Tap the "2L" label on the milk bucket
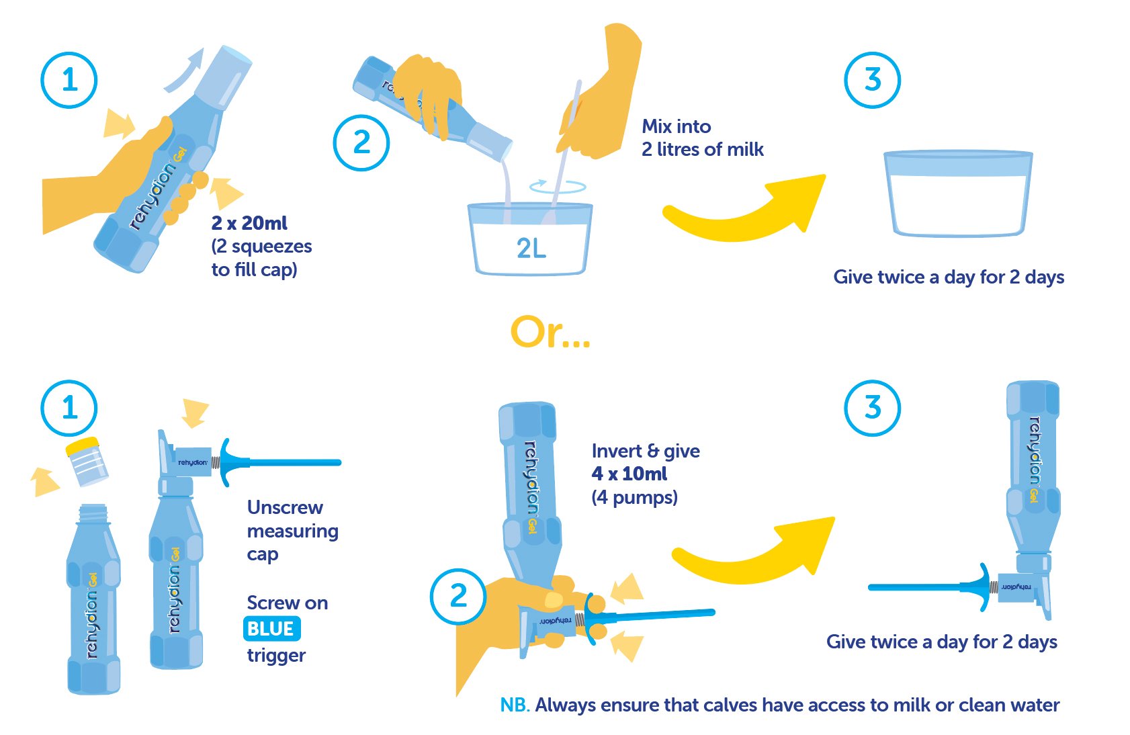[x=531, y=248]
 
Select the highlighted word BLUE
[x=271, y=629]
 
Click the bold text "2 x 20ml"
[x=249, y=222]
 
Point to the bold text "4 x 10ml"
[x=629, y=474]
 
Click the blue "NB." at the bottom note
[x=515, y=705]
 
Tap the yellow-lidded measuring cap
[x=87, y=462]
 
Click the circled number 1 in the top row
[x=69, y=80]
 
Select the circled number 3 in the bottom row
[x=872, y=408]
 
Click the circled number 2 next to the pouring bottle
[x=361, y=142]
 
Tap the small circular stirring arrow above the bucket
[x=558, y=187]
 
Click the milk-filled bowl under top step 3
[x=958, y=193]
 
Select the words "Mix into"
[x=676, y=126]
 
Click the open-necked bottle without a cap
[x=93, y=599]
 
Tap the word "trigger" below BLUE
[x=276, y=655]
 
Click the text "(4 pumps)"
[x=634, y=497]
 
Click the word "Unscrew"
[x=285, y=507]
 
